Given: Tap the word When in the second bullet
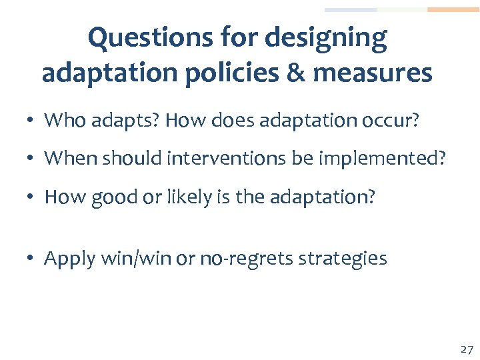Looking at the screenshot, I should coord(67,159).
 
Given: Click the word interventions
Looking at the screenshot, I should coord(225,159).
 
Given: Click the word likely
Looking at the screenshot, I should coord(189,198).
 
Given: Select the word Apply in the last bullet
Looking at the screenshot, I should coord(69,259).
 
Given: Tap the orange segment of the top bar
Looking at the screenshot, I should coord(453,10).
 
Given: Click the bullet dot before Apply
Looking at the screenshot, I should coord(31,259).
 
